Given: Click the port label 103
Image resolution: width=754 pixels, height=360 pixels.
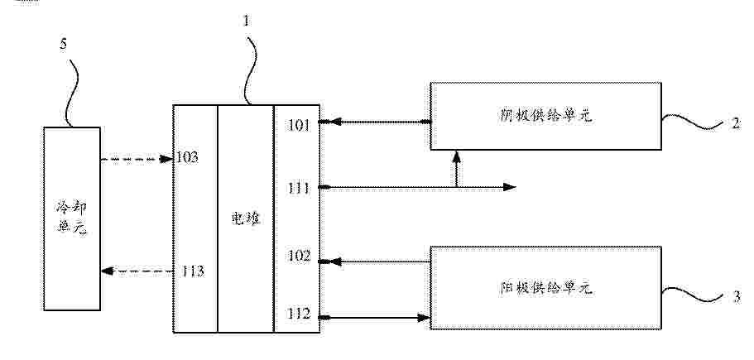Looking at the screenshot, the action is [187, 157].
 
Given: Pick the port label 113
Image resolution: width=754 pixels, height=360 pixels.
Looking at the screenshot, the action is [193, 271].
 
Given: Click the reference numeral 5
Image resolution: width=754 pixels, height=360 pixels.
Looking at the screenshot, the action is [64, 44].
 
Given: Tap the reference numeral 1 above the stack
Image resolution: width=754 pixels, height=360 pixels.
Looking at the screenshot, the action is [247, 22].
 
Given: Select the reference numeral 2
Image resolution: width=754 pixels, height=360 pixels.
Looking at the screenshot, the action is [737, 123].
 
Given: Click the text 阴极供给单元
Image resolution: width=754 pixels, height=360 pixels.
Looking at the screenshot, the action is [545, 117].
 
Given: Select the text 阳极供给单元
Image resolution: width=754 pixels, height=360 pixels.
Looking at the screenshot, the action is [545, 288].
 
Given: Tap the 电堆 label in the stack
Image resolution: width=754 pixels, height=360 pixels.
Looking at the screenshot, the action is [246, 219].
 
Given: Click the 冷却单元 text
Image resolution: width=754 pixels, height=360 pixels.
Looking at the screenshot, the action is [71, 218].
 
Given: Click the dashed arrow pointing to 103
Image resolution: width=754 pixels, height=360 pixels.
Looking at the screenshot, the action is [137, 159].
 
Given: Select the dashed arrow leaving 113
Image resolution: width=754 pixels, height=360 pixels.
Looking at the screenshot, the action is [137, 271].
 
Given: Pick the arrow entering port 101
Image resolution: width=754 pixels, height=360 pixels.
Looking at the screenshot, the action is [375, 122].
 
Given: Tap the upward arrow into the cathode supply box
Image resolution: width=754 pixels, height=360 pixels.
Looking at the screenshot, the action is [456, 168].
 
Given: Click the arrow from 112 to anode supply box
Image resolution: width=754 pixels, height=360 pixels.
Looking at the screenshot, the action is [375, 318].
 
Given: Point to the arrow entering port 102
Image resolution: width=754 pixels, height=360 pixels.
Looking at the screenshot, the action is [375, 262].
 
